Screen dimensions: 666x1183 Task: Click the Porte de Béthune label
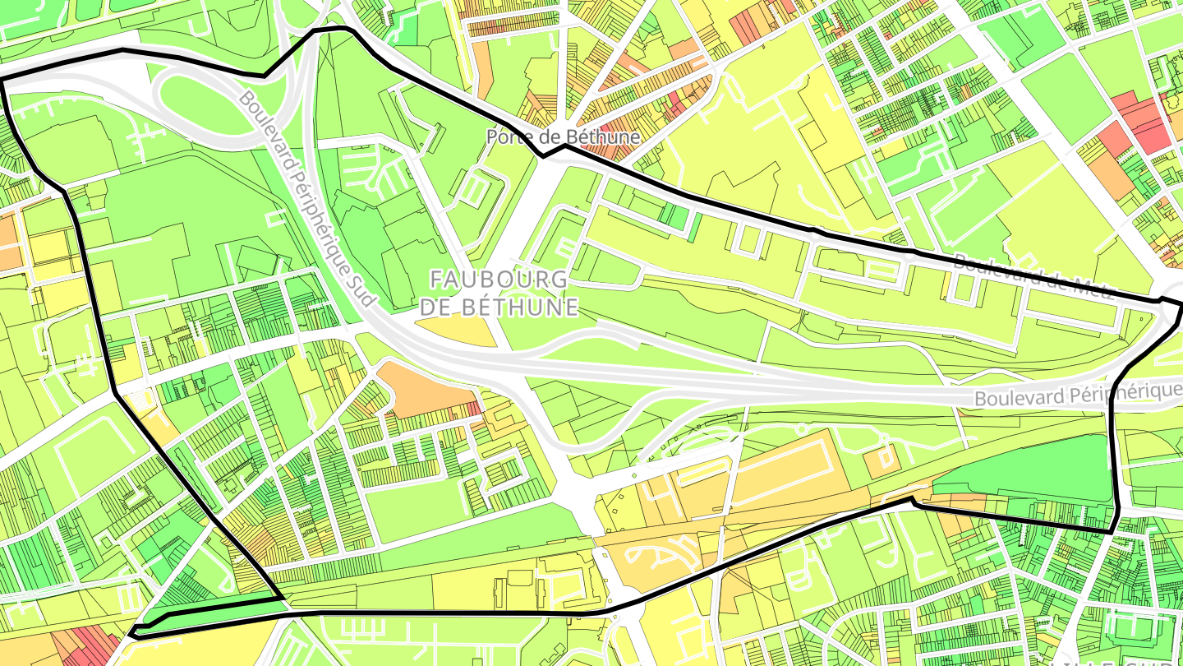[x=563, y=136]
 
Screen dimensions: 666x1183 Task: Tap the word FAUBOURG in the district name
[x=499, y=280]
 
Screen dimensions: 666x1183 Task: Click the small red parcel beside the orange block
[x=472, y=408]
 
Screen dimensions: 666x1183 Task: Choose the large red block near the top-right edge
[x=1142, y=123]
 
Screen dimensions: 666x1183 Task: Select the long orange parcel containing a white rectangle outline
[x=780, y=473]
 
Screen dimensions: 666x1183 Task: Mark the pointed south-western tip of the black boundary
[x=131, y=634]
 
